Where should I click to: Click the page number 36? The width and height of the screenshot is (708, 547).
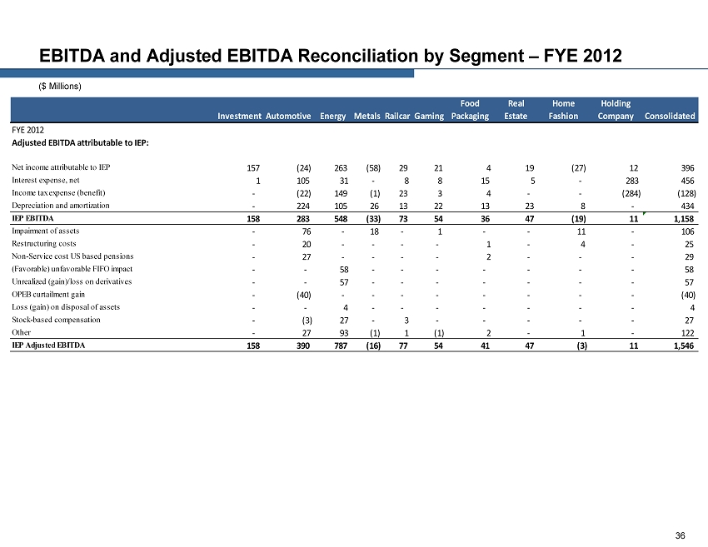pyautogui.click(x=681, y=535)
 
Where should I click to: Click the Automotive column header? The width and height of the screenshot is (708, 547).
pyautogui.click(x=288, y=116)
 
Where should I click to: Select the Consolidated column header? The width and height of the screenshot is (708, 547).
pyautogui.click(x=670, y=116)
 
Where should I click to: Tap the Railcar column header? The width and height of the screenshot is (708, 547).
pyautogui.click(x=398, y=116)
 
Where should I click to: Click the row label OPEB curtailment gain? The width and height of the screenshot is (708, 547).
pyautogui.click(x=48, y=294)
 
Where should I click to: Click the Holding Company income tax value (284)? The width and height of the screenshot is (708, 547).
pyautogui.click(x=620, y=193)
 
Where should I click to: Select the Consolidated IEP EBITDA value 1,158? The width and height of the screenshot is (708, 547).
pyautogui.click(x=682, y=219)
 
